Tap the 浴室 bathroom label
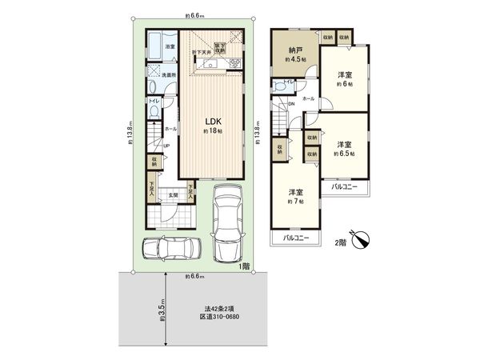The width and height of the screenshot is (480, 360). coord(170,47)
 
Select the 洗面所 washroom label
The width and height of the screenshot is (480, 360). coord(170,75)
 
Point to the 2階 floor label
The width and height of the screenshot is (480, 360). coord(340,242)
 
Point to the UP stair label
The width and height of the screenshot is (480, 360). coord(166,146)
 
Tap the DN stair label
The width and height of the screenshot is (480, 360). coord(291,105)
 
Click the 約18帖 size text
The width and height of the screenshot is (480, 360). coord(211,130)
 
